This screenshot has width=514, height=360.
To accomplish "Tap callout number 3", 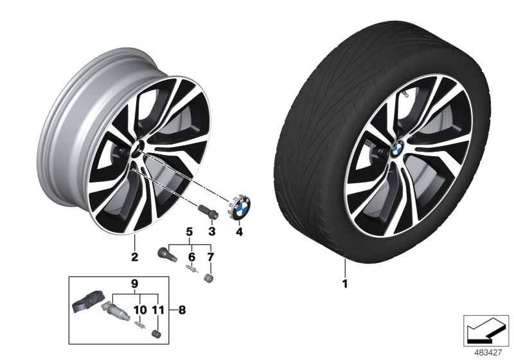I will (212, 231).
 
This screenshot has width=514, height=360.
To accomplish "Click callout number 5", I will (190, 231).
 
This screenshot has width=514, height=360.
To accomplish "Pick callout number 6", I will (190, 257).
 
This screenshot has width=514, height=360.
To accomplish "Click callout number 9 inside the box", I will (135, 283).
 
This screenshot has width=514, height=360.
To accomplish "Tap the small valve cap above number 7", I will (208, 278).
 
